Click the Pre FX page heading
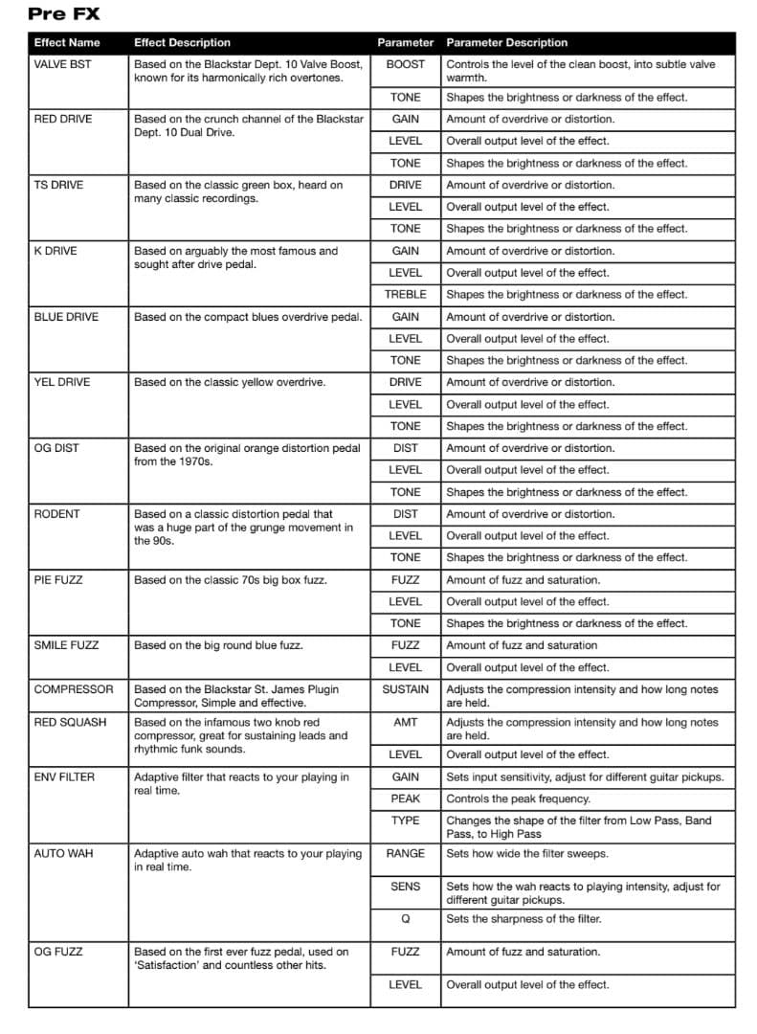tap(63, 14)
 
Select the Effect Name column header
tap(66, 43)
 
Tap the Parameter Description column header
tap(506, 43)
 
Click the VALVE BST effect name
tap(62, 64)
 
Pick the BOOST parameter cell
tap(405, 64)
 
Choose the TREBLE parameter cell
tap(405, 295)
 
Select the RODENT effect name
tap(56, 514)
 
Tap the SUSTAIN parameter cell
tap(405, 689)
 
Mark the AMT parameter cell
tap(405, 722)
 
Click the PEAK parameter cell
tap(405, 798)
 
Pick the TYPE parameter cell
tap(405, 820)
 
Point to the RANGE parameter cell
tap(405, 853)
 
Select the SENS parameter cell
tap(405, 887)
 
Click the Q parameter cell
tap(405, 919)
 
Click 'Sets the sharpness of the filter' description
tap(523, 919)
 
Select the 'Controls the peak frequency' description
tap(518, 798)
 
